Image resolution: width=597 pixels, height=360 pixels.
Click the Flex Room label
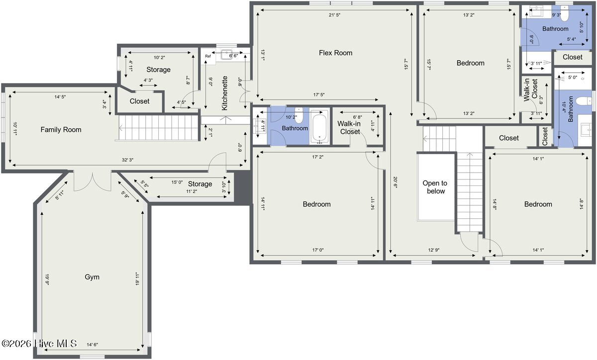click(x=335, y=53)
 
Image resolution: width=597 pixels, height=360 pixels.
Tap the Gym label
click(x=92, y=277)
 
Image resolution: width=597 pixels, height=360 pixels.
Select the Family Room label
click(x=61, y=129)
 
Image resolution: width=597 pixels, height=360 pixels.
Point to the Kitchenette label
click(x=225, y=93)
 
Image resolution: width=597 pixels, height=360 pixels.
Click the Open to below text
click(x=435, y=187)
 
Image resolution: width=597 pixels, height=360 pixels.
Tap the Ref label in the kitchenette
click(x=208, y=56)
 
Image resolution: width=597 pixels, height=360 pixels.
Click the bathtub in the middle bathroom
click(x=319, y=127)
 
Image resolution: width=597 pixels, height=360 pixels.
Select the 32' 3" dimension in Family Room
click(x=127, y=160)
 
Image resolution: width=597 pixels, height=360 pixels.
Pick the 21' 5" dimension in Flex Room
click(x=334, y=15)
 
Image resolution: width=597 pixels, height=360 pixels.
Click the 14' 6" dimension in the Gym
click(x=92, y=345)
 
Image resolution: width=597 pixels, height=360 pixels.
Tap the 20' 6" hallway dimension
click(x=395, y=182)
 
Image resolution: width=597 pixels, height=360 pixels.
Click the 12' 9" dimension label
click(x=434, y=250)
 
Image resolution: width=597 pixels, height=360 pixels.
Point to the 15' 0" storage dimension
click(x=177, y=182)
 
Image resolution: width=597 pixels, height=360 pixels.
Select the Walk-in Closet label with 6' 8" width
click(x=349, y=127)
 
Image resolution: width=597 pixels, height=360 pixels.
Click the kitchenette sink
click(x=227, y=55)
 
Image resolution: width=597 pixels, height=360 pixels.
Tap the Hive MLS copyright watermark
click(x=39, y=344)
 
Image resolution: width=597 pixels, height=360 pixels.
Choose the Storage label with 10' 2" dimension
click(x=158, y=70)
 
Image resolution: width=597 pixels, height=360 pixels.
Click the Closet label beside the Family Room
click(x=139, y=101)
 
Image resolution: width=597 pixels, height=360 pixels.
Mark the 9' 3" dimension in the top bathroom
click(x=556, y=15)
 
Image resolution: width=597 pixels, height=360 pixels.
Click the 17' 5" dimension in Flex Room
click(x=319, y=94)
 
